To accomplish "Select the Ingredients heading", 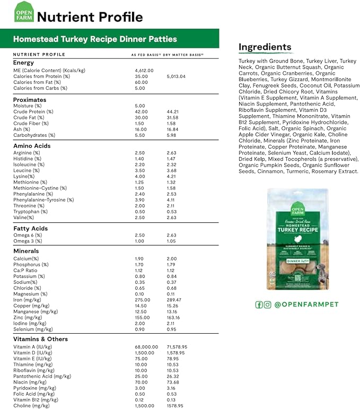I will tap(265, 47).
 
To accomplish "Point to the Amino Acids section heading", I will tap(32, 145).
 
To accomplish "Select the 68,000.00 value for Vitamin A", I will tap(147, 347).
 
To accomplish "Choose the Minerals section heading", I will tap(26, 251).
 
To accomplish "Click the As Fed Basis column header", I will tap(146, 55).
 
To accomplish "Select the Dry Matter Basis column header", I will tap(183, 55).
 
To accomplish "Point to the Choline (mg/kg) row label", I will tap(31, 405).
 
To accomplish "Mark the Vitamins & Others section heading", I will tap(40, 339).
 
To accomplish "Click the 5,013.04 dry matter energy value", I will tap(176, 76).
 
